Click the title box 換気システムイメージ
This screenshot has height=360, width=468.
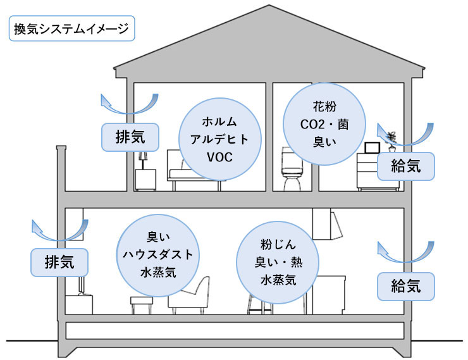click(70, 29)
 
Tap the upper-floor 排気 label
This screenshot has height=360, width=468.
click(131, 136)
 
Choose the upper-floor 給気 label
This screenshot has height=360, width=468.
click(406, 166)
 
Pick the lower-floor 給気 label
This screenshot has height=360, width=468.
click(406, 286)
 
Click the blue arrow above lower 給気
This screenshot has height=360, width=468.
click(406, 251)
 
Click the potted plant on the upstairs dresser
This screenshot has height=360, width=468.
click(393, 141)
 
